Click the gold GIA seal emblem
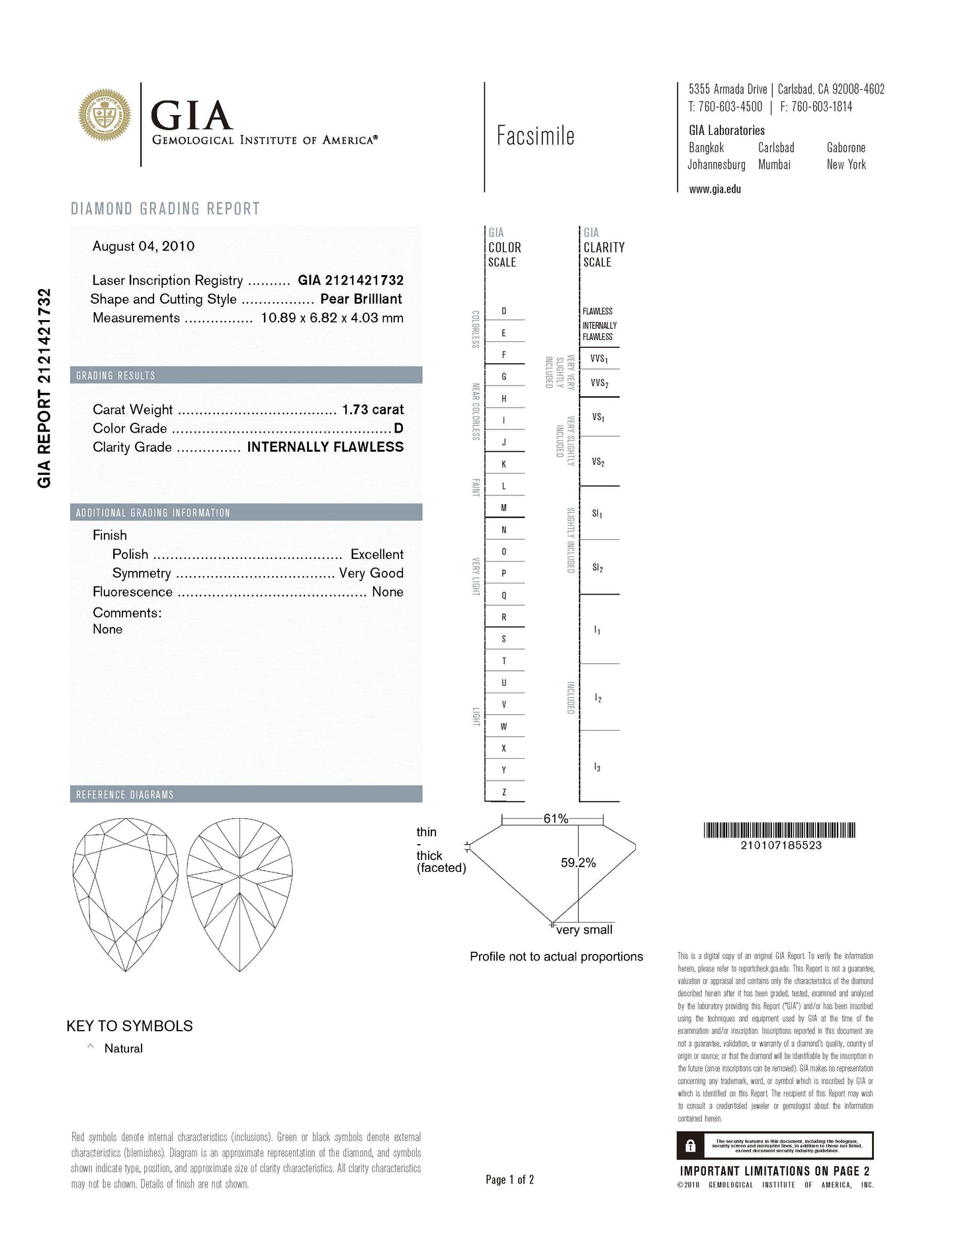(105, 114)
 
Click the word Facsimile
(535, 136)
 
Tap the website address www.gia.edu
(715, 189)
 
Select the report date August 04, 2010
(144, 246)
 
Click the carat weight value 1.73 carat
(372, 409)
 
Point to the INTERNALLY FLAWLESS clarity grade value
(325, 447)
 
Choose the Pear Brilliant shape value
(361, 299)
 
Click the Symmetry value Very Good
(371, 573)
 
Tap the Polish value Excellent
(376, 554)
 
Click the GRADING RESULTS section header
(116, 376)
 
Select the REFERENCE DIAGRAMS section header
(124, 794)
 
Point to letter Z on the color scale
(504, 792)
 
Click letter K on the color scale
(504, 464)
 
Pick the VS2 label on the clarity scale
(598, 462)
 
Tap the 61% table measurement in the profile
(556, 819)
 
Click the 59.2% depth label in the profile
(578, 863)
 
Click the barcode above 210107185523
(779, 830)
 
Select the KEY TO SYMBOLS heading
(130, 1026)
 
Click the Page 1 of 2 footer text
(509, 1179)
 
